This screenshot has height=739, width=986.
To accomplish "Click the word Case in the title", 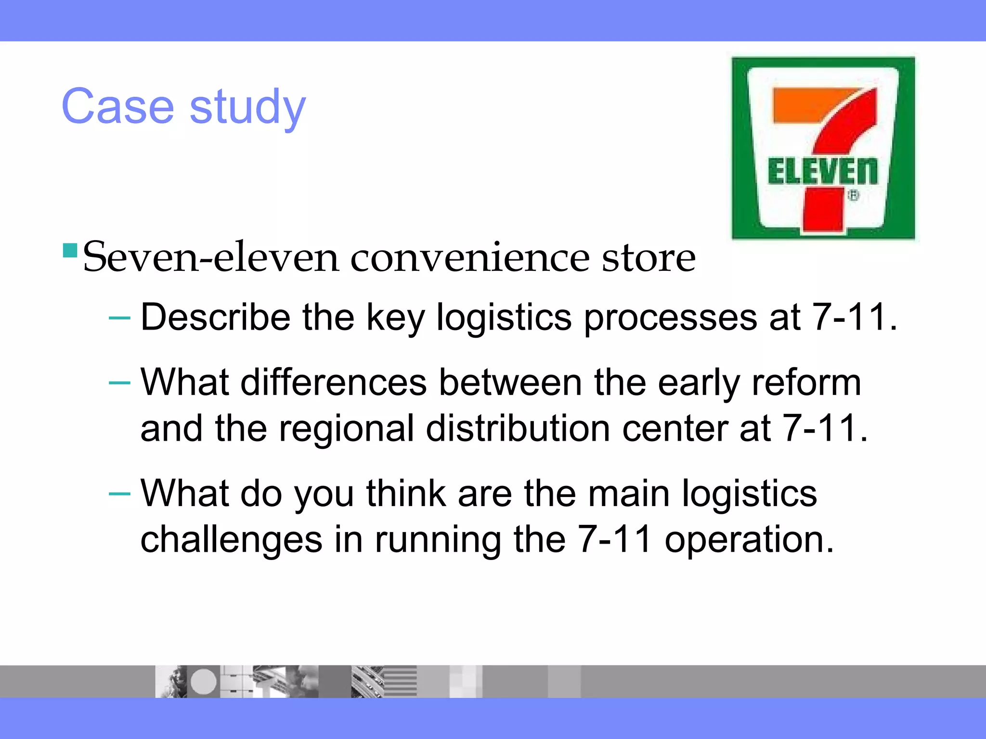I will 117,106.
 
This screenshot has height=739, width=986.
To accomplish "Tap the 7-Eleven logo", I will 823,148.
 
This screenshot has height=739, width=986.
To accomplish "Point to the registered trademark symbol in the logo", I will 853,196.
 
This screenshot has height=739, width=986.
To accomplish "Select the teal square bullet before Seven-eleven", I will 70,251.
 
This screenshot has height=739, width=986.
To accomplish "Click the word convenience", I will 469,258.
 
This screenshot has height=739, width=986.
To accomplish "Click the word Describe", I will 215,317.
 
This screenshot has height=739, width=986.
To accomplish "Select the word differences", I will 333,382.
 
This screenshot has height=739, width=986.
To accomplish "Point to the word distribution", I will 518,428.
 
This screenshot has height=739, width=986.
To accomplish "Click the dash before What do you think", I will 119,494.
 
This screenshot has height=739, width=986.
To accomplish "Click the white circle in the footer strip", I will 204,681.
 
